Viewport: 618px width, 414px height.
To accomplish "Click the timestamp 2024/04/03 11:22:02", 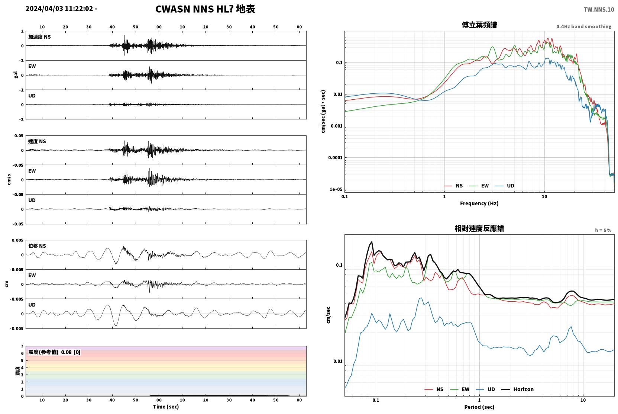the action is point(59,9).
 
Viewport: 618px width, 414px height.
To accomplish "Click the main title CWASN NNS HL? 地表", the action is point(205,9).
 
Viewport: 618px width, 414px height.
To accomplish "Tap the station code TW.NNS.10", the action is point(599,10).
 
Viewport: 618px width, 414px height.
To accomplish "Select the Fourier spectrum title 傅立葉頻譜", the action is point(479,25).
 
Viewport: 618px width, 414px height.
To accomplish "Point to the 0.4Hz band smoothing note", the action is point(584,26).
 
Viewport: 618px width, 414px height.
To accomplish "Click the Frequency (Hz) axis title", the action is point(479,203).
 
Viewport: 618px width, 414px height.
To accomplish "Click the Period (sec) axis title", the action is point(479,407).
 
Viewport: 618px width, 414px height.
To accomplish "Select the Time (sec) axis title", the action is point(166,407).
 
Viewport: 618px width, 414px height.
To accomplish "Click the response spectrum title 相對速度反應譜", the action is point(479,229).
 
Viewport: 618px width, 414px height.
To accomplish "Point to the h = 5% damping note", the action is point(603,230).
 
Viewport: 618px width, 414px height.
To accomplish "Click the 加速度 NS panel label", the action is point(39,37).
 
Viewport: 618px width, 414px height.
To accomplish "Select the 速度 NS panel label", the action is point(37,141).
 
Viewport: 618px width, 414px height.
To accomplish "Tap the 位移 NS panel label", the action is point(37,246).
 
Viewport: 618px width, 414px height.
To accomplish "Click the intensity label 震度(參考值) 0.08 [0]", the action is point(54,352).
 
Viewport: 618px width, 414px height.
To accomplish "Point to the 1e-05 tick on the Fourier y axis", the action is point(336,189).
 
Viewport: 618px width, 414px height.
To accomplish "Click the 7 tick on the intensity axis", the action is point(22,346).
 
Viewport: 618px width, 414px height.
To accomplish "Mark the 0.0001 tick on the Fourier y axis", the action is point(335,158).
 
